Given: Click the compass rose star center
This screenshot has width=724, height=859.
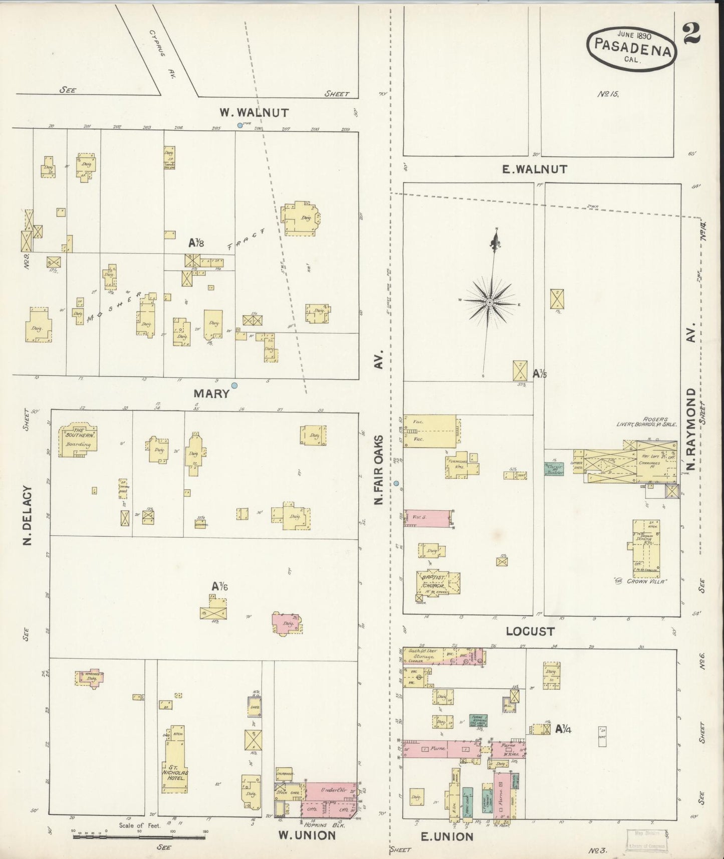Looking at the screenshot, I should pos(490,302).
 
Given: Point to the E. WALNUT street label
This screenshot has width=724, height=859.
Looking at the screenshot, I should pos(535,169).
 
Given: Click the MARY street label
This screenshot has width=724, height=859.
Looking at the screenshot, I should pos(211,393).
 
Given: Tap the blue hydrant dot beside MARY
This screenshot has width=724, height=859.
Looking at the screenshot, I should pos(234,385).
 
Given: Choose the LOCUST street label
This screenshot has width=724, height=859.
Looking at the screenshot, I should pos(530,631).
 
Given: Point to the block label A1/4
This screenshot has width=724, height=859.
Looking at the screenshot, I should pos(564,729).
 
